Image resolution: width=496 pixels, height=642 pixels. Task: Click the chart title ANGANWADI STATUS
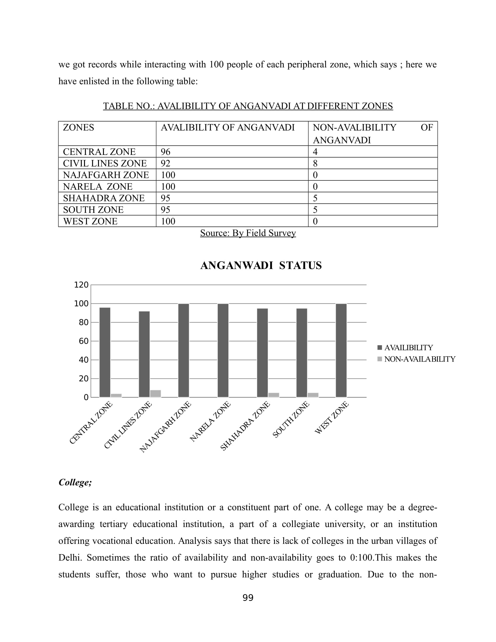(x=261, y=266)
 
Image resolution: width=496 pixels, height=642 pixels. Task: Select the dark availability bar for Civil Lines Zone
(x=144, y=354)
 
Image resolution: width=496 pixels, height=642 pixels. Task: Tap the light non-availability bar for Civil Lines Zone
(x=156, y=394)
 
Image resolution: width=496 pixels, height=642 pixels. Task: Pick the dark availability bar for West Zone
(x=341, y=350)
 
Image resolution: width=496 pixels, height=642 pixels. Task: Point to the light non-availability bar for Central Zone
(x=116, y=395)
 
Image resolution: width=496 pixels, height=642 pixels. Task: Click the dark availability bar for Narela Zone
(x=223, y=350)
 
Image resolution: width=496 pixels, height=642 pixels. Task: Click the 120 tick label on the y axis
(x=81, y=285)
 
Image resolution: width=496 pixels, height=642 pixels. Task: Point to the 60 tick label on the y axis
(x=83, y=341)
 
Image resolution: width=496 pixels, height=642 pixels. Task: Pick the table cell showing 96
(x=165, y=152)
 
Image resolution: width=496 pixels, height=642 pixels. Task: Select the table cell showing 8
(x=315, y=163)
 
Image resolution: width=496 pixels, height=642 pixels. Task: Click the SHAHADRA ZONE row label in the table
(x=104, y=198)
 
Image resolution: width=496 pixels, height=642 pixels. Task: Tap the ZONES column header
(x=78, y=128)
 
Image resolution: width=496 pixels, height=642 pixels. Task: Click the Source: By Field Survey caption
(x=248, y=233)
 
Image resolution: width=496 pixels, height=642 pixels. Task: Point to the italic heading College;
(x=75, y=482)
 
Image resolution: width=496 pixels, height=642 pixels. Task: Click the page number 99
(x=248, y=598)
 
